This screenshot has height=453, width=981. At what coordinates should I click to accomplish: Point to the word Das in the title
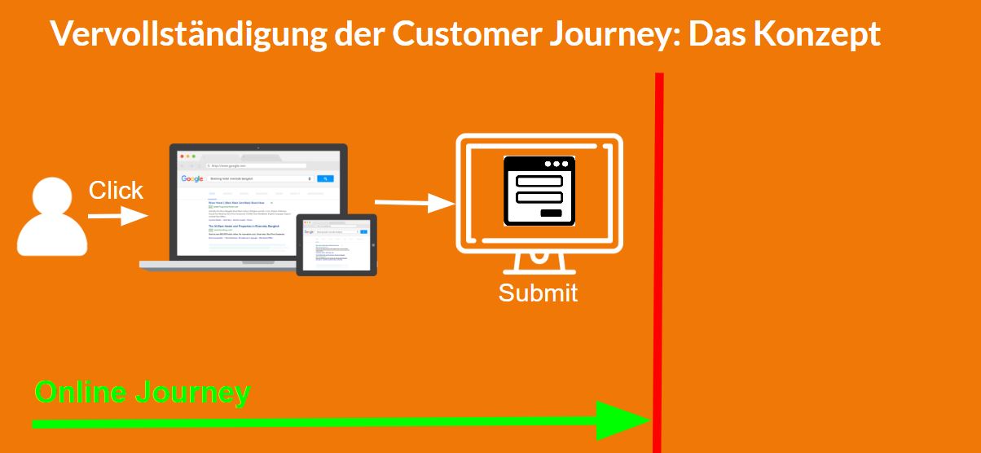coord(715,34)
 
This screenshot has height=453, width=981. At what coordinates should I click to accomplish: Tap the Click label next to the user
coord(116,191)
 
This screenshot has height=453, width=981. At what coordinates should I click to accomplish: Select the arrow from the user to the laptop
coord(117,216)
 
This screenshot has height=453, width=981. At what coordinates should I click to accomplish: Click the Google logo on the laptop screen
coord(192,178)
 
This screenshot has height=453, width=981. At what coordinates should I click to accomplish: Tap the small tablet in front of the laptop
coord(336,244)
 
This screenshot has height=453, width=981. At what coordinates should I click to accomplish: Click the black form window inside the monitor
coord(539,191)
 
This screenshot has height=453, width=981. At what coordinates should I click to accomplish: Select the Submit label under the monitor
coord(538,293)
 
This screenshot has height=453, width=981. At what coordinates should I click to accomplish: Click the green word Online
coord(80,393)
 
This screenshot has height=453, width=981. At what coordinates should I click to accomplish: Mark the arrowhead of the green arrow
coord(622,421)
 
